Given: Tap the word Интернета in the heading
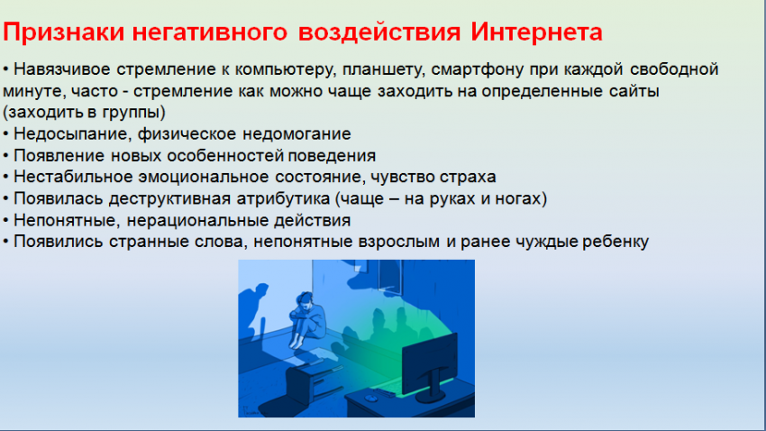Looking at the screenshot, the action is click(x=536, y=32).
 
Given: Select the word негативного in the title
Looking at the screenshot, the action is click(x=210, y=32).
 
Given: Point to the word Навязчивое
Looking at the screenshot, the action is click(x=62, y=69).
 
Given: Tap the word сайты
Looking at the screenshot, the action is click(x=634, y=91).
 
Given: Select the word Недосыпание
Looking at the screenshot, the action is click(x=73, y=134).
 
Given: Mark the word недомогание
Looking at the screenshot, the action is click(x=296, y=133).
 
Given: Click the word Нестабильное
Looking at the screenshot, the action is click(x=73, y=177).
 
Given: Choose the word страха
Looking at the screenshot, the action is click(x=468, y=177).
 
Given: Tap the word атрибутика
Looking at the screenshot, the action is click(x=283, y=199).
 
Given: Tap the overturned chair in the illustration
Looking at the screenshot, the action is click(x=312, y=385).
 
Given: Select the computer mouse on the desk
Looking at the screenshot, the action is click(x=370, y=399).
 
